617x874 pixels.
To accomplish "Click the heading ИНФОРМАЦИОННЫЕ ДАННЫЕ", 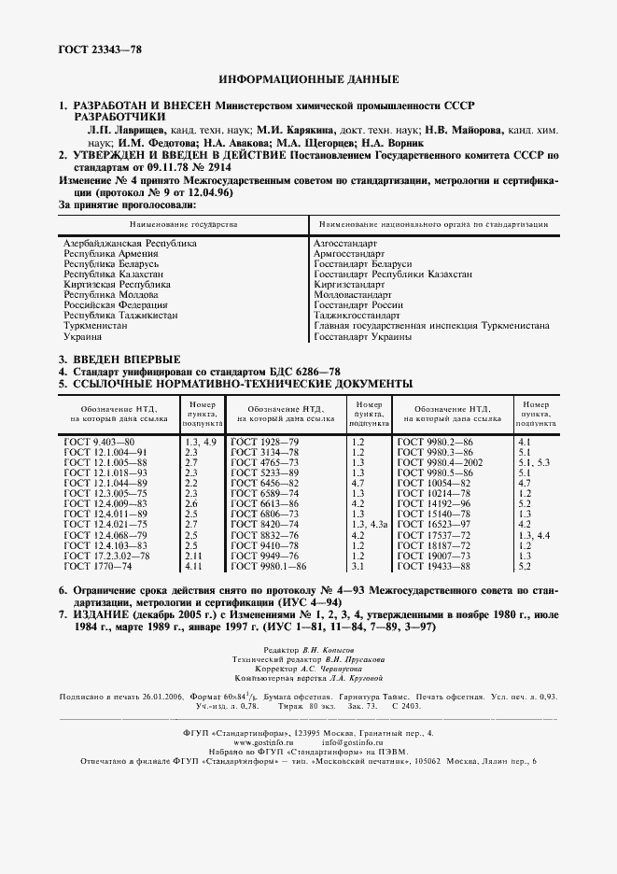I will [308, 79].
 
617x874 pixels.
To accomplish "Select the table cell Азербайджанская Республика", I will [130, 243].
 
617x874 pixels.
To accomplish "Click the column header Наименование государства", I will [183, 225].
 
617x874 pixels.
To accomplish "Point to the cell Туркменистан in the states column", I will [95, 326].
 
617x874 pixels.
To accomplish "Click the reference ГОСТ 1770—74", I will [98, 567].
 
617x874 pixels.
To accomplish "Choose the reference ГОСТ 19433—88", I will [434, 567].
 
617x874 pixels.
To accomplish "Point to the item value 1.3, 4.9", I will [200, 440].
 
